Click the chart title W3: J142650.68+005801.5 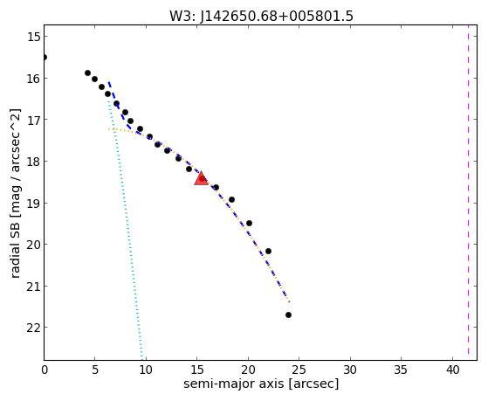tap(261, 16)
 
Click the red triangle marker tap(201, 178)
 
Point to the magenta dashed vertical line tap(468, 192)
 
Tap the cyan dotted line tap(125, 229)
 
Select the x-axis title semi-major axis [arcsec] tap(261, 384)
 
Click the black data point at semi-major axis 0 tap(45, 58)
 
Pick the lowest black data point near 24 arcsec tap(288, 315)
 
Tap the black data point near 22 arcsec tap(268, 251)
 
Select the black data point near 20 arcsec tap(249, 224)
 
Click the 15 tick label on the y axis tap(33, 37)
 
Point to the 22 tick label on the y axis tap(33, 328)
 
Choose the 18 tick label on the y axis tap(33, 162)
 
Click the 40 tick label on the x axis tap(453, 370)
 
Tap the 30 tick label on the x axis tap(350, 370)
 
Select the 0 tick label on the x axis tap(45, 370)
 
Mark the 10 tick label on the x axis tap(146, 370)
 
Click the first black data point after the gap tap(88, 73)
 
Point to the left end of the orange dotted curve tap(108, 129)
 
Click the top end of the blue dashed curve tap(108, 82)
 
